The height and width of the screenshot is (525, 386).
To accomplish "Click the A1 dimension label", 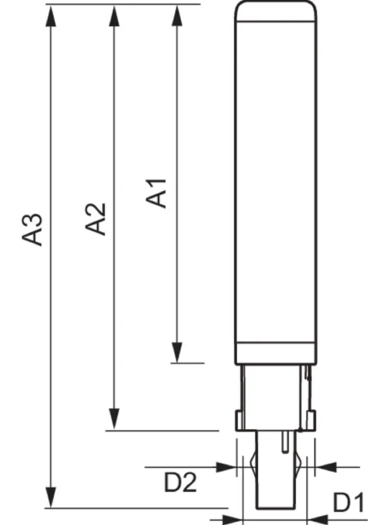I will (x=158, y=193).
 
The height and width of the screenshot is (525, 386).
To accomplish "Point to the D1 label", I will (x=349, y=503).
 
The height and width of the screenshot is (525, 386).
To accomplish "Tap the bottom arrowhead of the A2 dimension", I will (x=114, y=419).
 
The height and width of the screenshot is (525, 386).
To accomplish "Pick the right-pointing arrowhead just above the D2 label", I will (x=226, y=466).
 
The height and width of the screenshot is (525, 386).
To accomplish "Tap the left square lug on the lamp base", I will (x=240, y=420).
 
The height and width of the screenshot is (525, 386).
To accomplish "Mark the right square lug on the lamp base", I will (x=311, y=420).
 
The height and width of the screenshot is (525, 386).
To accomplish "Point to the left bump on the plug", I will (x=252, y=463).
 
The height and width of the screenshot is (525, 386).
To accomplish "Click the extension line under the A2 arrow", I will (x=162, y=430).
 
